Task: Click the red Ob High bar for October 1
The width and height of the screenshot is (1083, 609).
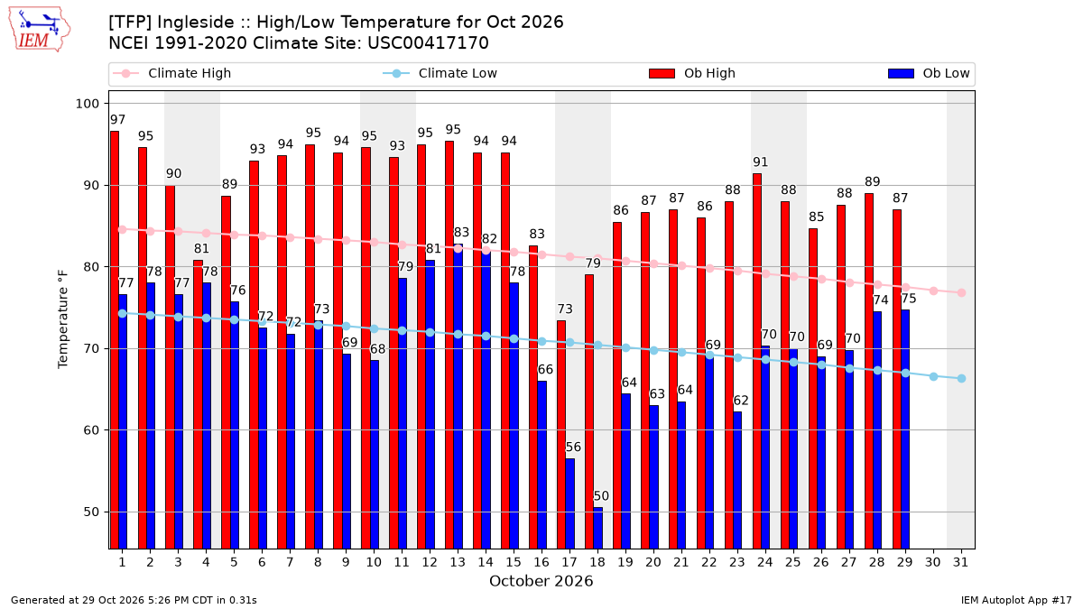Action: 115,340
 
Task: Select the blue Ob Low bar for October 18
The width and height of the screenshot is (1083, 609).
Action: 598,529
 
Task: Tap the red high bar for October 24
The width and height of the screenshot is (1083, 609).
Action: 757,361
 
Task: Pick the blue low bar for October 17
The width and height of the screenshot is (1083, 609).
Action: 570,503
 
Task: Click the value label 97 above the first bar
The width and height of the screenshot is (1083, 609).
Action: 117,119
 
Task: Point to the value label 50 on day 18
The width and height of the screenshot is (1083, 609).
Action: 601,496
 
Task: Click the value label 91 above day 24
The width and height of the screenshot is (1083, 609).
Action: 761,161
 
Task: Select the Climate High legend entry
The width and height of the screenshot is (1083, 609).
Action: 172,73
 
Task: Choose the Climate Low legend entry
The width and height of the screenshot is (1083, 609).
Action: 440,73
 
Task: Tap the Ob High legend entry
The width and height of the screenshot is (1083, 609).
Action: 692,73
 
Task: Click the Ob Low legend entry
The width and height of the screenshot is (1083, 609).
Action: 929,73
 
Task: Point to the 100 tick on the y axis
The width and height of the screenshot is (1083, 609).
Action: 87,104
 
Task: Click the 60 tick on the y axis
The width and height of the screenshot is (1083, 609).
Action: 91,430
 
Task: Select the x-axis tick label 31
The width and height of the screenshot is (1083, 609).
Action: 960,563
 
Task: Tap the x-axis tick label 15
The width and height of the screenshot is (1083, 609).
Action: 514,563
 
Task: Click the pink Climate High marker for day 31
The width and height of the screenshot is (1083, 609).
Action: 961,293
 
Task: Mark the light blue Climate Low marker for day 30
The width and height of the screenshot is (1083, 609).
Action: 933,376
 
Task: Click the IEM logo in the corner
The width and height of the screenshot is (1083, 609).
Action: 39,30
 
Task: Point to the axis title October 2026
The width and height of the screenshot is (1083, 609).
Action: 541,581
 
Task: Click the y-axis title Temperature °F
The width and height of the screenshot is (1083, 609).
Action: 63,320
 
